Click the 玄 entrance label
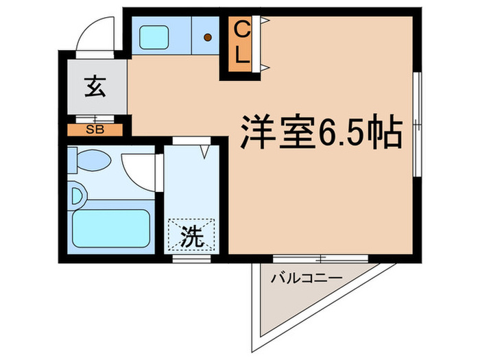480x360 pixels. (95, 87)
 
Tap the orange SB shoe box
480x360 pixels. (95, 129)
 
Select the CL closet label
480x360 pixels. (241, 43)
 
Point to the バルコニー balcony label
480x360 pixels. (306, 279)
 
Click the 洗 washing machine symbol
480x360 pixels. (192, 237)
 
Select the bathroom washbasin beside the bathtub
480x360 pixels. (77, 197)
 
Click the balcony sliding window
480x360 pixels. (320, 259)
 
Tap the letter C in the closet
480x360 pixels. (241, 29)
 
